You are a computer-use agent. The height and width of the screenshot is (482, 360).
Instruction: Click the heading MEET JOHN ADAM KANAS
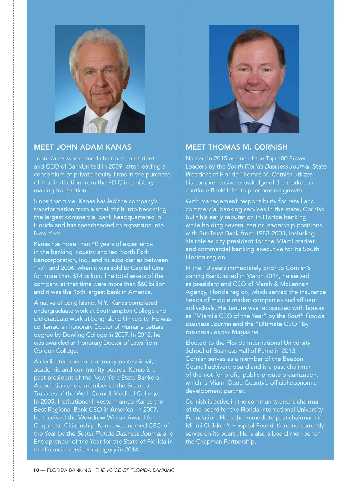click(83, 147)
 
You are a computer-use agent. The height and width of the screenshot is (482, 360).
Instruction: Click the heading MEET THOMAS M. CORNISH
click(237, 147)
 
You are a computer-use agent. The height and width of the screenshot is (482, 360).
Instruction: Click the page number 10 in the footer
click(36, 470)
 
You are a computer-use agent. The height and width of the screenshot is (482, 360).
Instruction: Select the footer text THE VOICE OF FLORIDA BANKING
click(135, 470)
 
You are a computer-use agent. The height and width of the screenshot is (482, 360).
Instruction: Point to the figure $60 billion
click(152, 284)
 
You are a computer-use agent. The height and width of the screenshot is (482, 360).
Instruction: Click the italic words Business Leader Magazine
click(222, 332)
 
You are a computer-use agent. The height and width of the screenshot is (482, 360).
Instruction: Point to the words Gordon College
click(56, 351)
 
